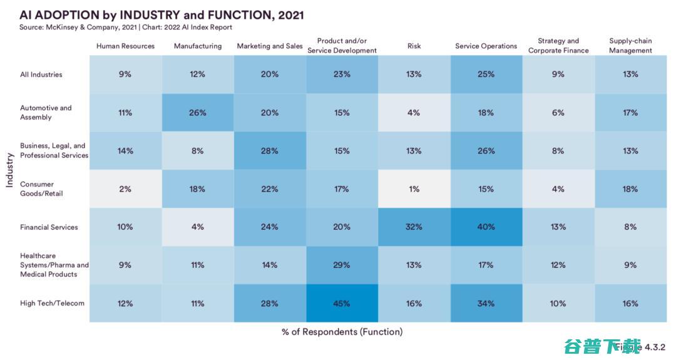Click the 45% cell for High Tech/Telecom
(x=342, y=304)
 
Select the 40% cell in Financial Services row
(x=486, y=227)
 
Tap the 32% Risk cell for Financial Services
(x=414, y=227)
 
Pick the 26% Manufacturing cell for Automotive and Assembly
(x=198, y=113)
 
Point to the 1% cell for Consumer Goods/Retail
(x=414, y=189)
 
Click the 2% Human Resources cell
(x=125, y=189)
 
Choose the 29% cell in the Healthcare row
(x=342, y=265)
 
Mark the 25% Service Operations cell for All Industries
(x=486, y=75)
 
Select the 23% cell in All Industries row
(x=342, y=75)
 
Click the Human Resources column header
(x=125, y=46)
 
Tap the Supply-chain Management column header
(x=630, y=46)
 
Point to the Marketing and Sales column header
(x=270, y=46)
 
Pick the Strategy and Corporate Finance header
(x=558, y=46)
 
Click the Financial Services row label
(x=49, y=227)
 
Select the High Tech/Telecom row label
(x=52, y=304)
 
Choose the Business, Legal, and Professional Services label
(x=54, y=151)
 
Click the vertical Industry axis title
(x=9, y=170)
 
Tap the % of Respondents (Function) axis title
(x=342, y=332)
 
